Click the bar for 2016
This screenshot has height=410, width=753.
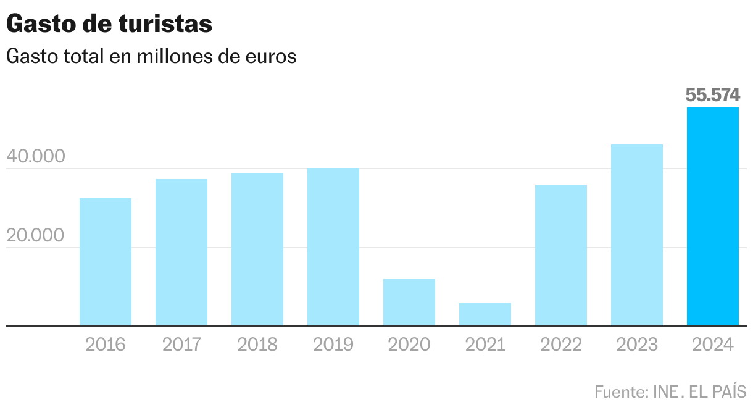(106, 262)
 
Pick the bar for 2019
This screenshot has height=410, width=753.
(333, 246)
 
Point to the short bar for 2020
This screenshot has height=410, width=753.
(409, 302)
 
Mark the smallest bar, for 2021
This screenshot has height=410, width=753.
(485, 314)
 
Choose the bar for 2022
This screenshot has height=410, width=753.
(561, 255)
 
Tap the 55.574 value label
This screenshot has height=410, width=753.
(713, 95)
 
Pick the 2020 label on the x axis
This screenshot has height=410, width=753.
(409, 345)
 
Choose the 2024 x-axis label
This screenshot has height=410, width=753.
(713, 345)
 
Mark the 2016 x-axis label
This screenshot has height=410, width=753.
(106, 345)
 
